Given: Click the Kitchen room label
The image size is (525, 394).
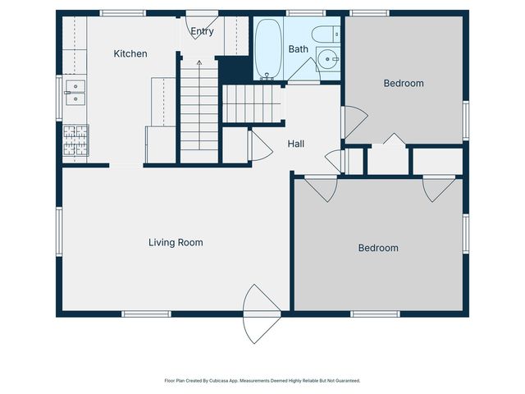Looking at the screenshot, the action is coord(130,53).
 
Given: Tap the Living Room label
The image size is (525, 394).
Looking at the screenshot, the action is coord(176,243).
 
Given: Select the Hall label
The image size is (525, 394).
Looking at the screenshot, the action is coord(296,144).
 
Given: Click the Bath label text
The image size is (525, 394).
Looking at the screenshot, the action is coord(299,49).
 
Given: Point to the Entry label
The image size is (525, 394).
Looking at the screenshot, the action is coord(202,31).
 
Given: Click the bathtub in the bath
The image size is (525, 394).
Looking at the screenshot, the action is coord(268,49).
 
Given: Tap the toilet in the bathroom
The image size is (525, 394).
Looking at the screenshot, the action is coord(326,34).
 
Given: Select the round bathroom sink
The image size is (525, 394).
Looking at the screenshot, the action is coord(328,59).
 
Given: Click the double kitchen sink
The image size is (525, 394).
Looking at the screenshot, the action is coord(75,93).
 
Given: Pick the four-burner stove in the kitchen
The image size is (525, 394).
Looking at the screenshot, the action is coord(75,140).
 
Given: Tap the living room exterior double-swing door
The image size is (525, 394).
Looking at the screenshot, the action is coord(262,314).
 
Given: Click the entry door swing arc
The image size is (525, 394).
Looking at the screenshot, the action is coord(202,27).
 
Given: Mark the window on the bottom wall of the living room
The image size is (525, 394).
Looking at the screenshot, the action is coord(146,314).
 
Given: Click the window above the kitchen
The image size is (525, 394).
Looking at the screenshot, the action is coord(123,13).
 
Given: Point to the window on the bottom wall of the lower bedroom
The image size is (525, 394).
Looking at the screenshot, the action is coord(376,314).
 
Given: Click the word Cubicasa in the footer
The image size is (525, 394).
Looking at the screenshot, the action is coord(219,381).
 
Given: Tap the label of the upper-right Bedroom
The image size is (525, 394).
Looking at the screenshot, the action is coord(404,83).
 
